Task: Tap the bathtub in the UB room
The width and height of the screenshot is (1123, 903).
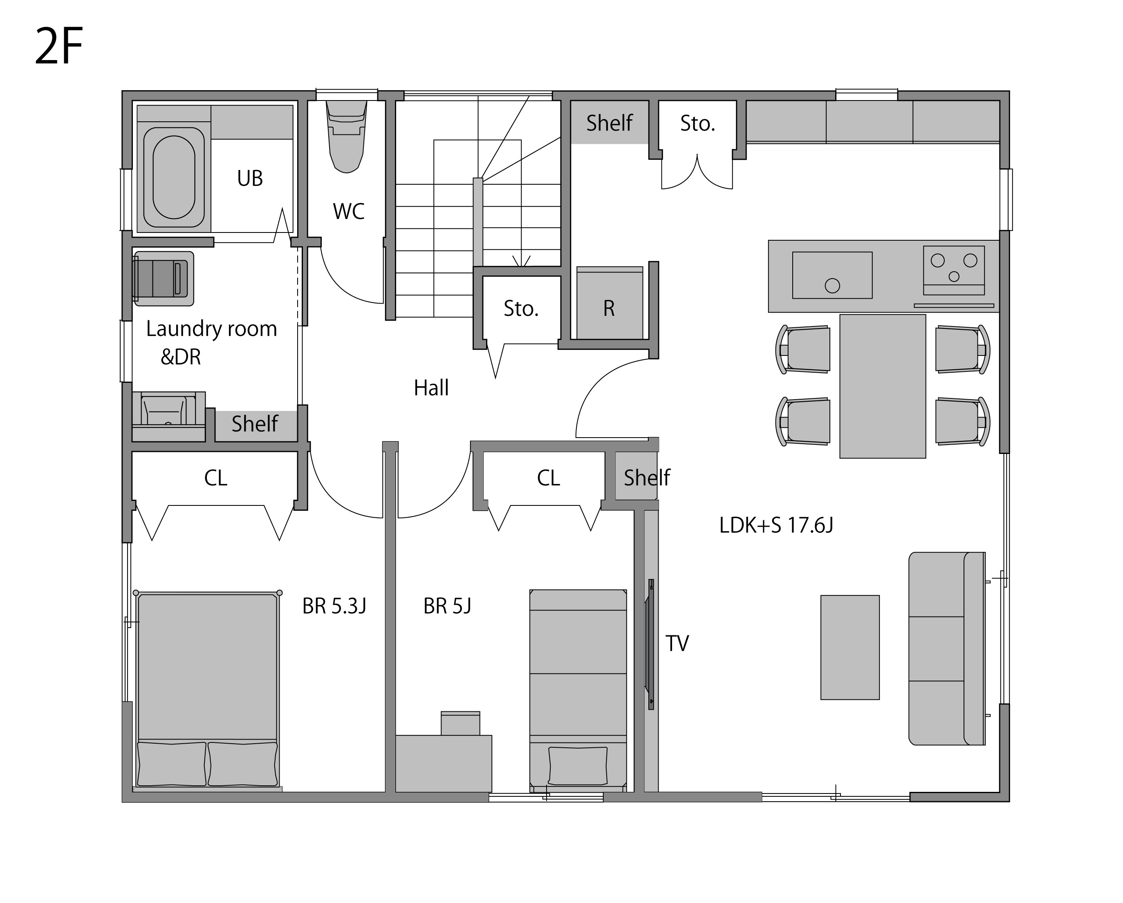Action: (174, 177)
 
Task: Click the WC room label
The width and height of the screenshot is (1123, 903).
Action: (348, 211)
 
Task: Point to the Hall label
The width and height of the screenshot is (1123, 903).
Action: (431, 388)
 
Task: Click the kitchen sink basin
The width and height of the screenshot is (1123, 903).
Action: (832, 275)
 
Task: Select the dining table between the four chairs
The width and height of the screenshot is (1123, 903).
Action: (882, 386)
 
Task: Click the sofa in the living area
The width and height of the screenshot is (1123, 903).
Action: (947, 648)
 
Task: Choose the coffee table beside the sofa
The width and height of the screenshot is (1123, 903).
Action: (850, 648)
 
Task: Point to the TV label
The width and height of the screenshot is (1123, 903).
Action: (677, 643)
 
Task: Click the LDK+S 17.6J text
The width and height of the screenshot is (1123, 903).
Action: (776, 525)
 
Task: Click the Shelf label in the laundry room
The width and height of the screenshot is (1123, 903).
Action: (255, 424)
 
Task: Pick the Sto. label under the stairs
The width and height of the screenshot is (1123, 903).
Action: (521, 308)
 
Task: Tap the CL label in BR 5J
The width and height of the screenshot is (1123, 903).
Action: (549, 478)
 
